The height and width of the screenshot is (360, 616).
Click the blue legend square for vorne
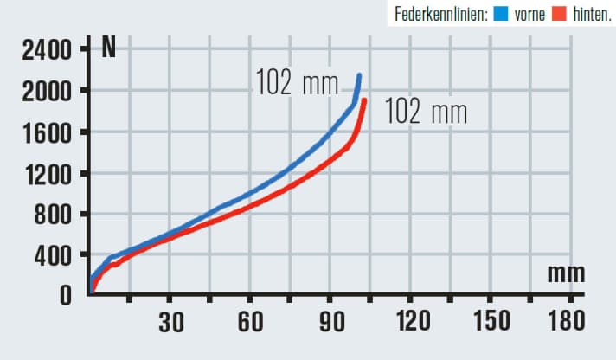[x=501, y=14]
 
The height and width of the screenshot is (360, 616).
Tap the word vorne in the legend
[x=529, y=14]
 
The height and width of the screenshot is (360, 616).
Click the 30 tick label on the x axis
[x=170, y=323]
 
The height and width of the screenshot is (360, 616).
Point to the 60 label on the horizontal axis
[x=250, y=323]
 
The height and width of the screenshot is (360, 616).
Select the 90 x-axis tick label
[x=330, y=323]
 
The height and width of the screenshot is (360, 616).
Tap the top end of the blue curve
[x=359, y=76]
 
